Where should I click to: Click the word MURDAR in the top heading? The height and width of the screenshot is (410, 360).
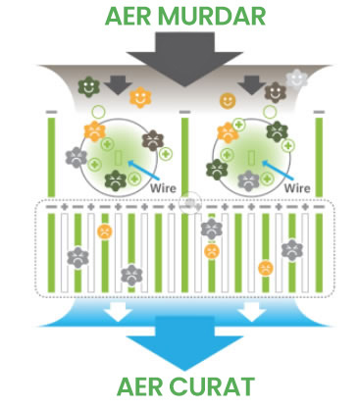(x=217, y=17)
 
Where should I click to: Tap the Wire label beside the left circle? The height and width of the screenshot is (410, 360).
(x=164, y=182)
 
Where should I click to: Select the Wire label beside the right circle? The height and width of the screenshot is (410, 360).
(x=294, y=182)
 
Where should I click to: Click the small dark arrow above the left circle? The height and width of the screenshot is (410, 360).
(x=119, y=86)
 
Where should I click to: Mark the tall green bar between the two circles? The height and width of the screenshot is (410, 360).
(x=183, y=157)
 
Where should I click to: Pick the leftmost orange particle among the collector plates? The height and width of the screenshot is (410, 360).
(x=103, y=232)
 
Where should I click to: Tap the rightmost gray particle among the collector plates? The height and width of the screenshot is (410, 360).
(x=290, y=250)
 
